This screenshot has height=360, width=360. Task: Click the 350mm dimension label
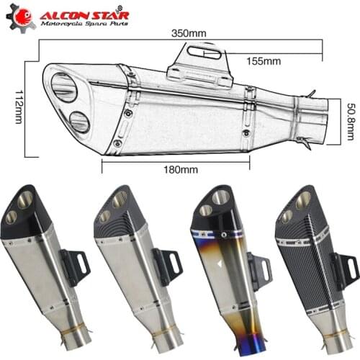(188, 34)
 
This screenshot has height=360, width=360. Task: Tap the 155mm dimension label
(264, 61)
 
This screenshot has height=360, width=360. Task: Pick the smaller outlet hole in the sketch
(79, 122)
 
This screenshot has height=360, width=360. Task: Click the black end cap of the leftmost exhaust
(27, 211)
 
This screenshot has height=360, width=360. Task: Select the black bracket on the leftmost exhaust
(76, 268)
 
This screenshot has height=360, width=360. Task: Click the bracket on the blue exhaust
(260, 271)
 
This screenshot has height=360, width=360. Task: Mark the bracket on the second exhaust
(168, 268)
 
